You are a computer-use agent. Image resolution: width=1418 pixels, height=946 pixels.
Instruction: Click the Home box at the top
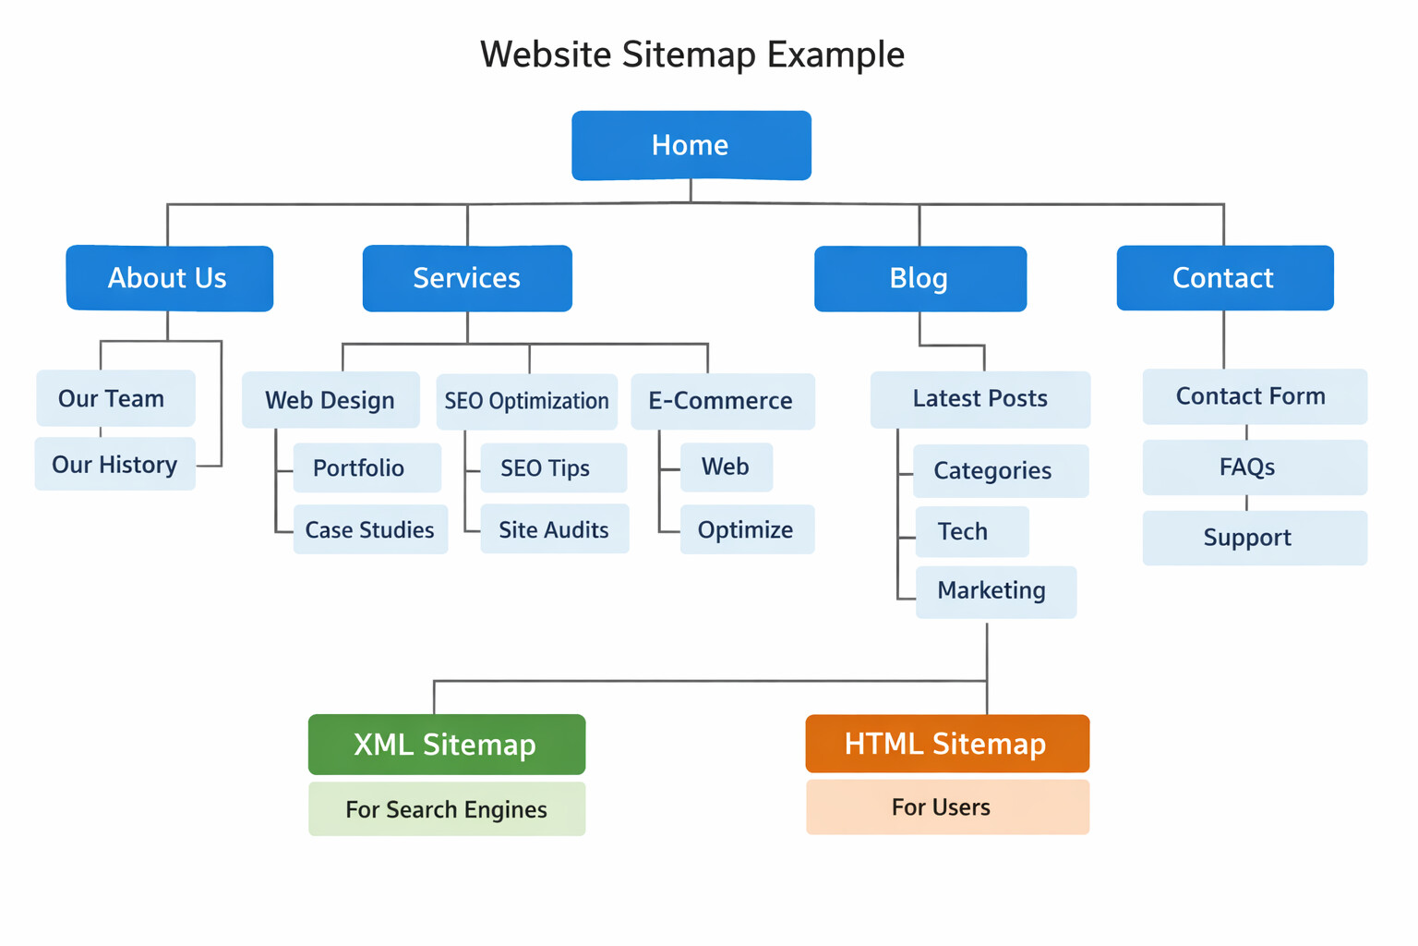(x=691, y=145)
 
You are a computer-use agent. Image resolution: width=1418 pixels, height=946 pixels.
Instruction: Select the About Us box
(x=169, y=278)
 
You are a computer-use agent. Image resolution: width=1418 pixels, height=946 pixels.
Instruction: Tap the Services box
(x=467, y=278)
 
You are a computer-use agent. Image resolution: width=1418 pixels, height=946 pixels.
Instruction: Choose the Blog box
(x=919, y=278)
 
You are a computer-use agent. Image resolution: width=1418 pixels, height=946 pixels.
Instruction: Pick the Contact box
(x=1224, y=278)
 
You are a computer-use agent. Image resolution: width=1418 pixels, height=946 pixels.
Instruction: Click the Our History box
(x=114, y=464)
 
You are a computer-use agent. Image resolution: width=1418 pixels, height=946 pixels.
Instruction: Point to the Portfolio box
(x=367, y=467)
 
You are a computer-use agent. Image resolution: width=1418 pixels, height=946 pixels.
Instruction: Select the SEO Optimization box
(x=526, y=401)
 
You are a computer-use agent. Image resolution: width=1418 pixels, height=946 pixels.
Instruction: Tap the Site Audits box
(x=554, y=529)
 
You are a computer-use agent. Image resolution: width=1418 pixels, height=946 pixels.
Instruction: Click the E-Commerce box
(x=722, y=401)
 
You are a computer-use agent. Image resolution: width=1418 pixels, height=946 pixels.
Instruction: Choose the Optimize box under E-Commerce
(x=746, y=529)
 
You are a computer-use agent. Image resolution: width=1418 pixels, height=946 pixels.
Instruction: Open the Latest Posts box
(x=979, y=399)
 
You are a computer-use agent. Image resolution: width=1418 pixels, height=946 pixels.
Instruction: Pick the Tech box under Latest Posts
(x=971, y=531)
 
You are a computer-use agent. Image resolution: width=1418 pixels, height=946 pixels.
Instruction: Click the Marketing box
(x=995, y=591)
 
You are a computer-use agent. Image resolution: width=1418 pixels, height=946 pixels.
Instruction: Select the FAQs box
(x=1254, y=467)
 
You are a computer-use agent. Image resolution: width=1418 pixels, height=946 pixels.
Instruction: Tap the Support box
(x=1254, y=538)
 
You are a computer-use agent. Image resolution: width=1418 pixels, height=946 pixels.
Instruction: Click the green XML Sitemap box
(x=446, y=745)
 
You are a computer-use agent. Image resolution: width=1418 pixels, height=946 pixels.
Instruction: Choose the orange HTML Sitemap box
(x=946, y=744)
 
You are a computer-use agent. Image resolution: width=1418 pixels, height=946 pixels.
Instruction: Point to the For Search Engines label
(x=446, y=809)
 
